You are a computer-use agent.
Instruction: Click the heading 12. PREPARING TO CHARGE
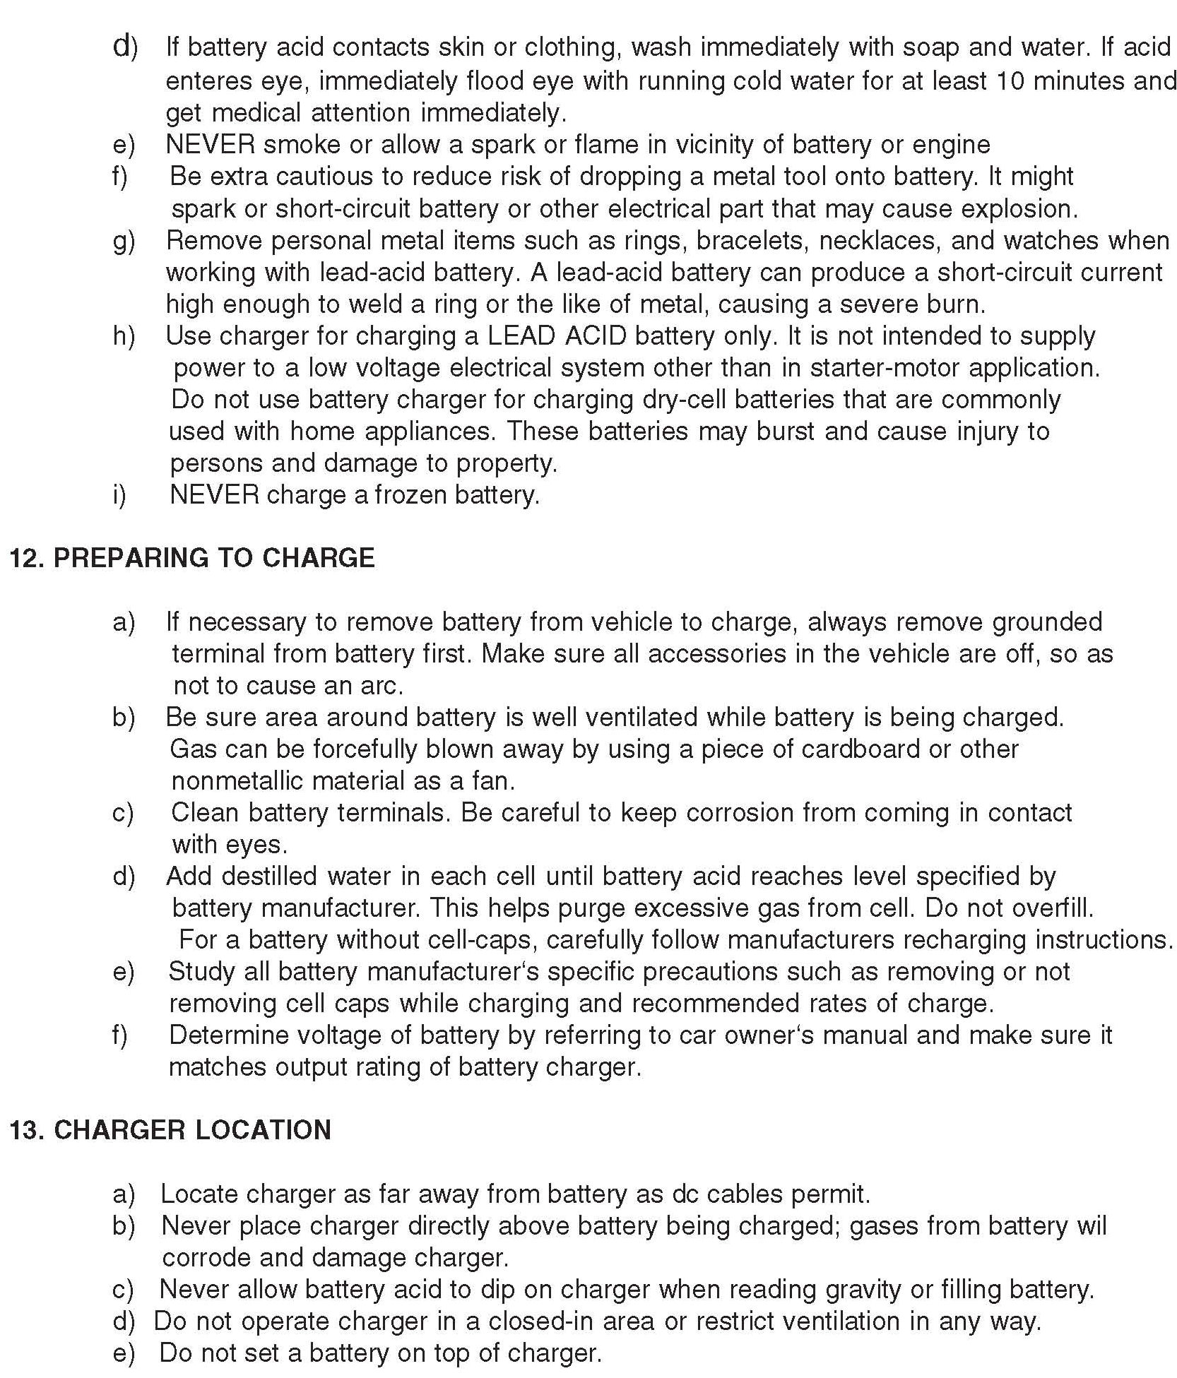click(x=191, y=558)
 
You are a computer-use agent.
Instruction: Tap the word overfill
click(x=1050, y=908)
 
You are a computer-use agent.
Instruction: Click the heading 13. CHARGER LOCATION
click(x=170, y=1130)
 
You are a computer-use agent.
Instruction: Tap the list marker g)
click(x=124, y=241)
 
